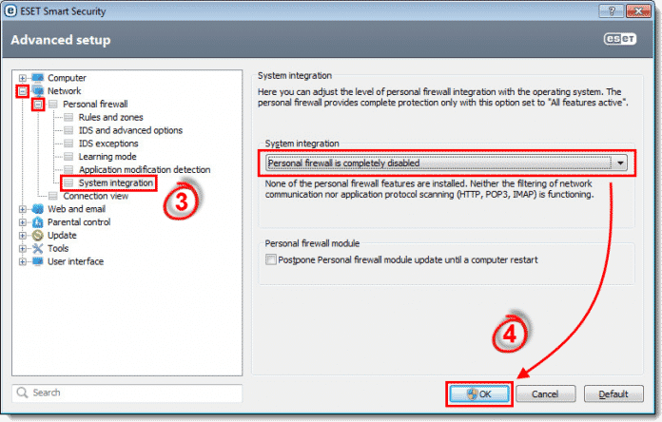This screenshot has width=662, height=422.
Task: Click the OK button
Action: coord(479,393)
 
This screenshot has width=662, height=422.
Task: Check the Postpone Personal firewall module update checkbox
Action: coord(273,259)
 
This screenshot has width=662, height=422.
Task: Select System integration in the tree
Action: coord(115,182)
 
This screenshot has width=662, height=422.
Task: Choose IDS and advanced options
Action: coord(130,130)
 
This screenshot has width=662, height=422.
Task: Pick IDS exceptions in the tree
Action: coord(108,144)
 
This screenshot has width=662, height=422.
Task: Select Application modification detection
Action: coord(144,170)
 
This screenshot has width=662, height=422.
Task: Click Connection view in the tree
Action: coord(94,196)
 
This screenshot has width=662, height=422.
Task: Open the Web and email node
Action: coord(76,209)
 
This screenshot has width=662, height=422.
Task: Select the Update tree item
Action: coord(62,235)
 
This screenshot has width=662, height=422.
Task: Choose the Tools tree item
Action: coord(59,248)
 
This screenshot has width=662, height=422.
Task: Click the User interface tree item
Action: coord(75,261)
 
